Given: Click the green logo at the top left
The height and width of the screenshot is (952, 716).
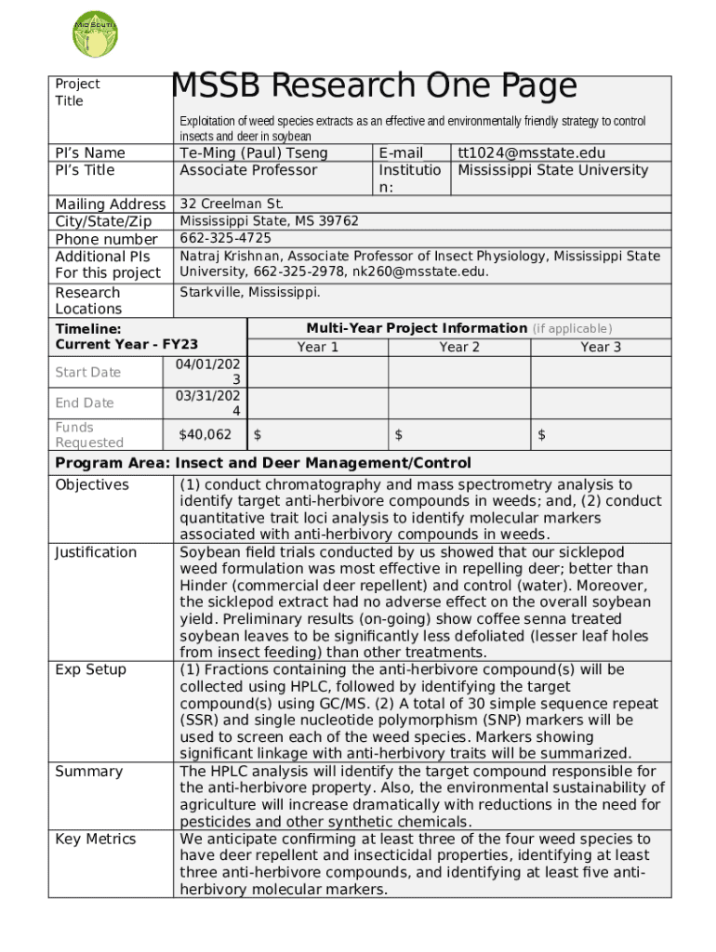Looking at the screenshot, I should tap(95, 32).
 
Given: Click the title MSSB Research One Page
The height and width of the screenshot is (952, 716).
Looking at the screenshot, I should tap(374, 86).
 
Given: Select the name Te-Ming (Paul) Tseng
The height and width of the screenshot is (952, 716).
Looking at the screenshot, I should tap(254, 152).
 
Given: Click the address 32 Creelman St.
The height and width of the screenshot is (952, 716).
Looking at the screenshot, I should tap(232, 204).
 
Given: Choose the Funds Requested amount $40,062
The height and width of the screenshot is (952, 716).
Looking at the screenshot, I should tap(206, 434).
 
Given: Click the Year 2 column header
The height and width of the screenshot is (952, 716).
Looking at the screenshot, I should tap(459, 347).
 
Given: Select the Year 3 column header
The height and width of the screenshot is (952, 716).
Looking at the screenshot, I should tap(601, 347).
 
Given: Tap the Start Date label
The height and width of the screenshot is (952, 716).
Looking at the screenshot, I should tap(88, 372).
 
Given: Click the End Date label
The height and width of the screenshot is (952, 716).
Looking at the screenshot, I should tap(85, 403).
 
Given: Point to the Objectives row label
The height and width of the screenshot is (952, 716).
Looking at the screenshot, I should tap(92, 484).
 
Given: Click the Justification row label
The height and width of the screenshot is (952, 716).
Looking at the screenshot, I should tap(96, 552).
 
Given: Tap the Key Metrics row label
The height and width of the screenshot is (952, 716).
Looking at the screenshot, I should tap(95, 839).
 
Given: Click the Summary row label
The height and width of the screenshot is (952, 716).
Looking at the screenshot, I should tap(88, 771).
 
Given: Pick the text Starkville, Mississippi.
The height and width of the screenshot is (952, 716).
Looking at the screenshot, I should tap(249, 292).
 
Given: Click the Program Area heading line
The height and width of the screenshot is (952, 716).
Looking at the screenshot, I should tap(263, 463).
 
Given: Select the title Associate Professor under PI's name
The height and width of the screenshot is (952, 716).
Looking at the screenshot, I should tap(248, 170).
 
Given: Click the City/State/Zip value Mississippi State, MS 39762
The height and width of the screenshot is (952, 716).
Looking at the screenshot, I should tap(269, 221).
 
